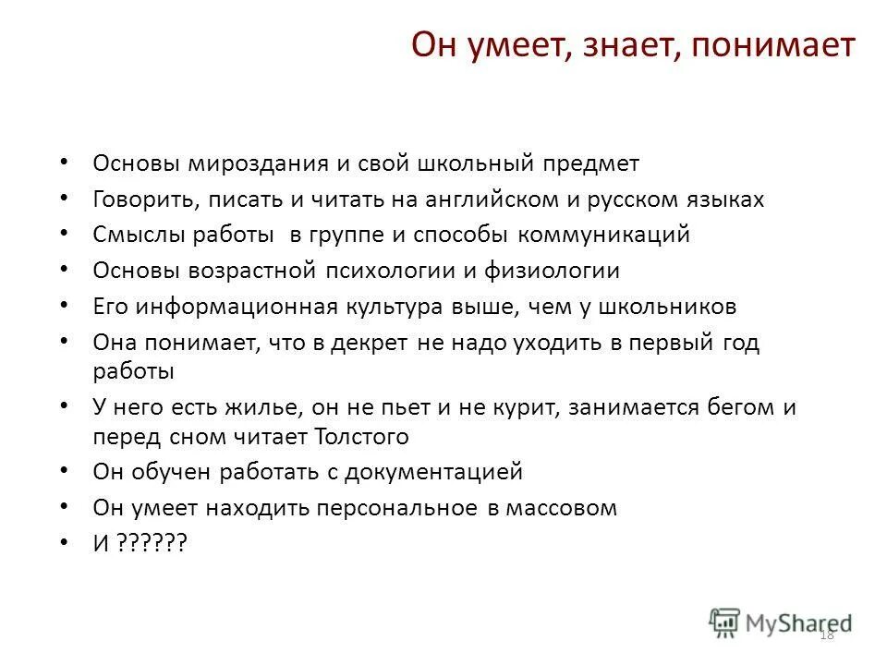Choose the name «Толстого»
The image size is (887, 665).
[360, 436]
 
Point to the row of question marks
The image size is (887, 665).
[152, 544]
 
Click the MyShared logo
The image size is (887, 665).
[781, 622]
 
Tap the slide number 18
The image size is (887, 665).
[826, 634]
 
